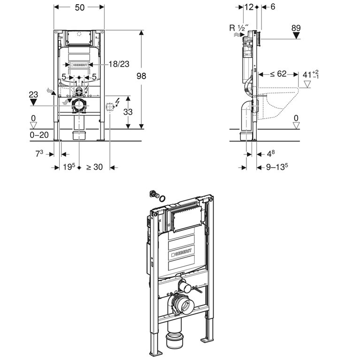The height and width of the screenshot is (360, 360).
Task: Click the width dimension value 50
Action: [x=79, y=7]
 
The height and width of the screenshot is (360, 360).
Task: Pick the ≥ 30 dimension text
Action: [x=94, y=167]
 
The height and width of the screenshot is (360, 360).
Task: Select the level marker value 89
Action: [x=296, y=28]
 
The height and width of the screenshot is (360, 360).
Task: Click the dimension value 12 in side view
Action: [x=249, y=7]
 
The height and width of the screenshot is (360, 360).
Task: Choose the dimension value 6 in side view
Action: [x=273, y=7]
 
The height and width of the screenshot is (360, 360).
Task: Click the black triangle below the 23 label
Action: [x=33, y=101]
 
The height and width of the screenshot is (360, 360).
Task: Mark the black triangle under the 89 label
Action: [x=296, y=37]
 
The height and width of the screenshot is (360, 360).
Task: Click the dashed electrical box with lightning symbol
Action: [x=111, y=106]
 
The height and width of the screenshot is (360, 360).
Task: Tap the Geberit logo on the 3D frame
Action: [x=182, y=254]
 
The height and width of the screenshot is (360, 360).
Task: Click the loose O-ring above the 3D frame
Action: [x=162, y=199]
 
